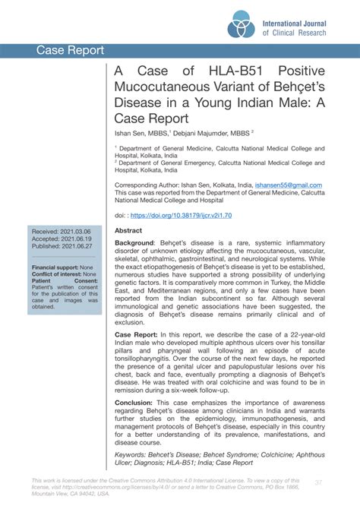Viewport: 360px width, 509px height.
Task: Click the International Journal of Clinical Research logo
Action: click(x=242, y=25)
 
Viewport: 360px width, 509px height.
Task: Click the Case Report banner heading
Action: click(x=70, y=51)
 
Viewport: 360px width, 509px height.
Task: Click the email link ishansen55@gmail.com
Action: click(x=288, y=185)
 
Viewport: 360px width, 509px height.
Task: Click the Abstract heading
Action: click(x=128, y=230)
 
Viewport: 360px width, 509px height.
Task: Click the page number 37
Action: click(x=318, y=482)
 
